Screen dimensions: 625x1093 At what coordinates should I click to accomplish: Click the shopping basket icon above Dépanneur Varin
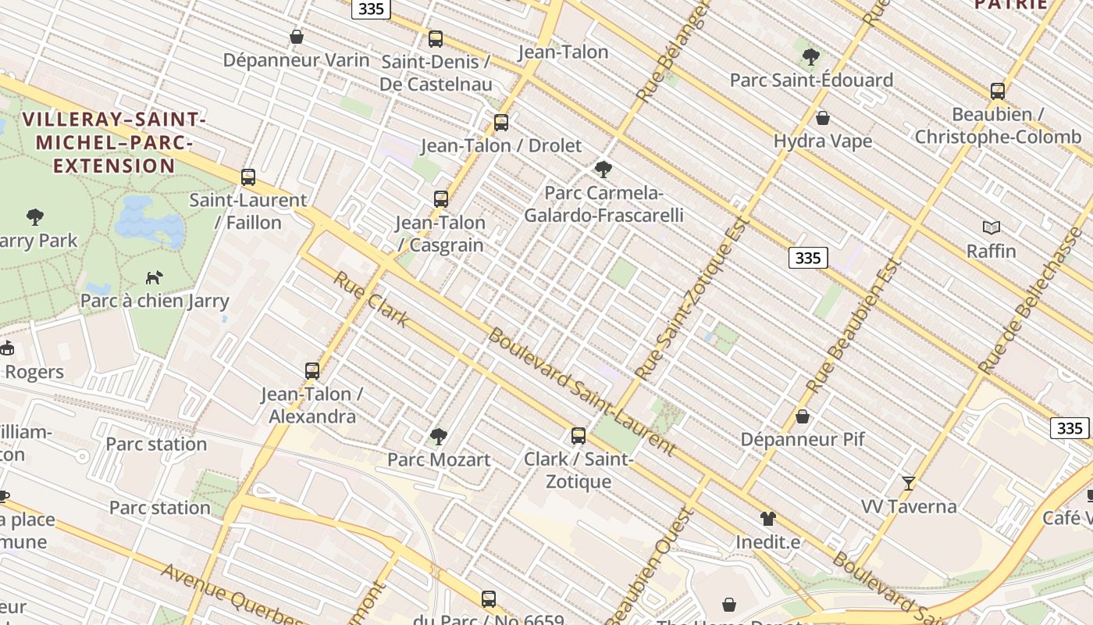[x=297, y=37]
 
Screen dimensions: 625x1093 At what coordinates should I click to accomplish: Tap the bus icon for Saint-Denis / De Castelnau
[x=436, y=38]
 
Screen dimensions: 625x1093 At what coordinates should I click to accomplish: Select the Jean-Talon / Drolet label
[x=501, y=145]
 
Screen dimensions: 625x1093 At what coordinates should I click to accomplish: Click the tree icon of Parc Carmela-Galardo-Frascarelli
[x=603, y=169]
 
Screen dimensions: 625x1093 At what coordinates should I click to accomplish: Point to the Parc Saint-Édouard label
[x=811, y=80]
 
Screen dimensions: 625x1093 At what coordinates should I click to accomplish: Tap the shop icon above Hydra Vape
[x=822, y=118]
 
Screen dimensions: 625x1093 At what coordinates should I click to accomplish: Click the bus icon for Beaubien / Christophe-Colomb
[x=997, y=91]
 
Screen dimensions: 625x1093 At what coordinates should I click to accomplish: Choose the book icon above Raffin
[x=992, y=227]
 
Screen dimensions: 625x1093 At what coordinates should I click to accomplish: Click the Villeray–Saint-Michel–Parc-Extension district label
[x=114, y=142]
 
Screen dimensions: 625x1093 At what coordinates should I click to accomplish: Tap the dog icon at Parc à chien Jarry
[x=155, y=277]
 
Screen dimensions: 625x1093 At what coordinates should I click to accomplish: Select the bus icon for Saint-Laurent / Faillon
[x=248, y=177]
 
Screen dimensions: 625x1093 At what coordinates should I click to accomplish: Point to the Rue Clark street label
[x=371, y=299]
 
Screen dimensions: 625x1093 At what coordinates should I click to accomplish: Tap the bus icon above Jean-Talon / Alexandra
[x=312, y=371]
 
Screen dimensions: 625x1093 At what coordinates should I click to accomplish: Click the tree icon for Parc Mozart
[x=439, y=436]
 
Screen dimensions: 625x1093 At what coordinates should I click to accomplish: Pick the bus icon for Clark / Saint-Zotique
[x=579, y=436]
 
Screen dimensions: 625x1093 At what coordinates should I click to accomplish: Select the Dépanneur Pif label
[x=803, y=439]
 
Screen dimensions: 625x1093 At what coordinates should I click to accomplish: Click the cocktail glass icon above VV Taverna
[x=908, y=483]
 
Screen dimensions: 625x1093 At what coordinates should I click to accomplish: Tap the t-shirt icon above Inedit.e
[x=768, y=518]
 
